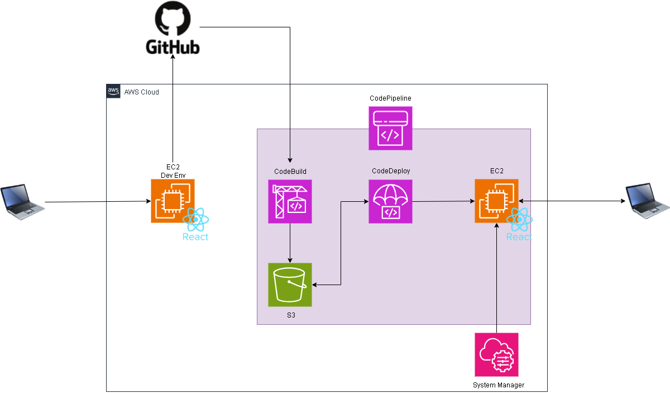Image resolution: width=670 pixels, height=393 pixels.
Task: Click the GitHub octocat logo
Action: (173, 20)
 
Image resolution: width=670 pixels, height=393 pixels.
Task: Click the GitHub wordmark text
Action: (173, 47)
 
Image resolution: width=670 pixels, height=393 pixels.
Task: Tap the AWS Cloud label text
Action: (141, 92)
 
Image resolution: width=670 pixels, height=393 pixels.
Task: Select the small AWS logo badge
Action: (113, 91)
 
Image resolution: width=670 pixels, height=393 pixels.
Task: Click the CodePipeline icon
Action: (390, 129)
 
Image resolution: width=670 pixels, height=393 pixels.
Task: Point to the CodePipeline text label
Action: (390, 98)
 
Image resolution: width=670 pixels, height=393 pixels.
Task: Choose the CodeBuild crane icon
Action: (290, 201)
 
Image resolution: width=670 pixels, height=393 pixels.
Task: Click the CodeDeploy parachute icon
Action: (390, 201)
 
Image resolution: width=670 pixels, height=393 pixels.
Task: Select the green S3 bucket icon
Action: (290, 285)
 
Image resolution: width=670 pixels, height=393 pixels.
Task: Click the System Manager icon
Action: (496, 355)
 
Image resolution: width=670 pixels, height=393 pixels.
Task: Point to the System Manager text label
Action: (499, 385)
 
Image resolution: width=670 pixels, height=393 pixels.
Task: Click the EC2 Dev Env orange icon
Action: (173, 201)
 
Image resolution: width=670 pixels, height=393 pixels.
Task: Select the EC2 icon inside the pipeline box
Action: (496, 201)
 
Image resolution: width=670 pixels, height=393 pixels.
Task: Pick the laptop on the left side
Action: (22, 201)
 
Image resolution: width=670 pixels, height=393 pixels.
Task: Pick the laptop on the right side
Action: (647, 201)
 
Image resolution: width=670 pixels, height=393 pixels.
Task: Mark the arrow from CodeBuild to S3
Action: (290, 243)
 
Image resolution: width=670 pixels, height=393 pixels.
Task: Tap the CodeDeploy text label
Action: (391, 171)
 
